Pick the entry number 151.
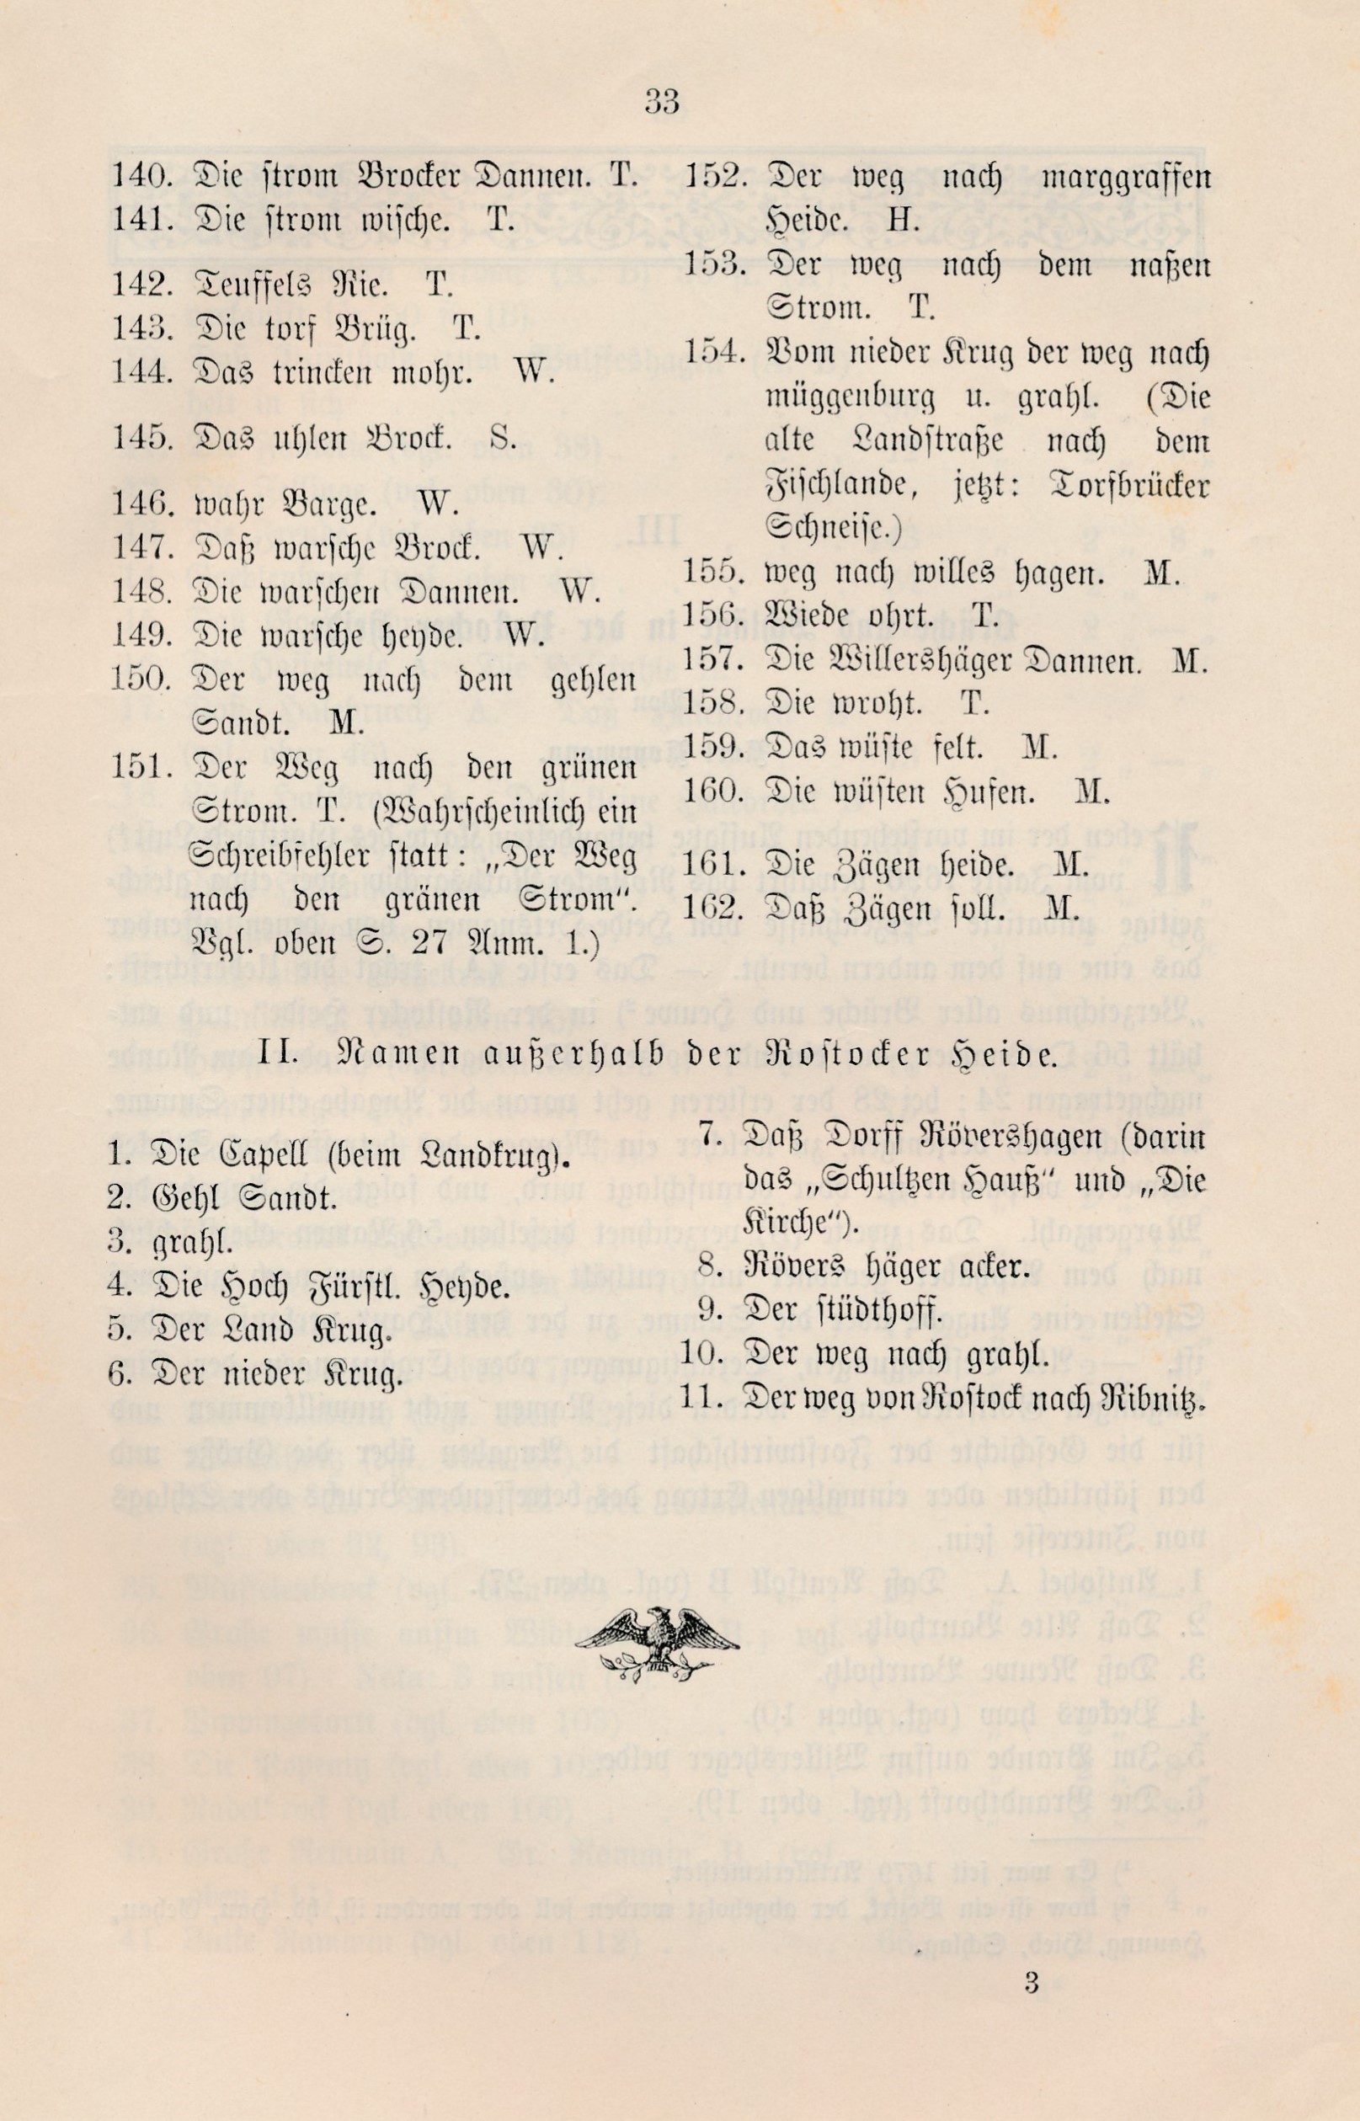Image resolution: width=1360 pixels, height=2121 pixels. coord(141,766)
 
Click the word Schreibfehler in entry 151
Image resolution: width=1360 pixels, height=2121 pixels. coord(265,857)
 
